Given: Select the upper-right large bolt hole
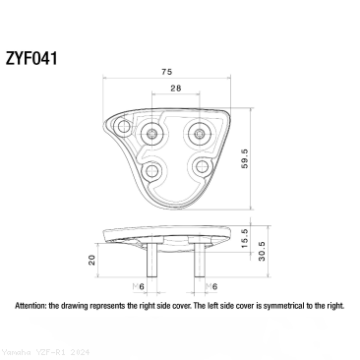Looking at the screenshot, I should (200, 132).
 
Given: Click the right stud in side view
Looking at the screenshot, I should (200, 261).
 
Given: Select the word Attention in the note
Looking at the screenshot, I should (31, 307).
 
